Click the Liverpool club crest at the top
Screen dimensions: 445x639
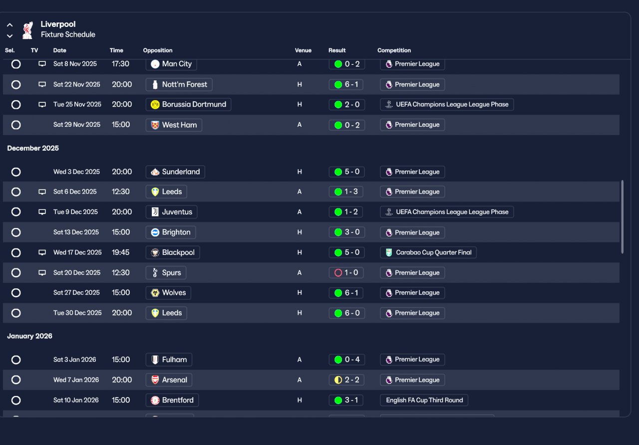(27, 30)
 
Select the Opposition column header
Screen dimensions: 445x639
(158, 50)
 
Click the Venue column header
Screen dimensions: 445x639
(303, 50)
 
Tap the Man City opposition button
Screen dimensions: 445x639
(171, 64)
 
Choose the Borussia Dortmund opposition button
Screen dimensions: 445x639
(188, 105)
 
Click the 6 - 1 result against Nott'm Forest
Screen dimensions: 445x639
(346, 85)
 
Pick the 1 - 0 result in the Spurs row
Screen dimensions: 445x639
(346, 273)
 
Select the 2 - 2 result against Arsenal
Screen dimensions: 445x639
(346, 380)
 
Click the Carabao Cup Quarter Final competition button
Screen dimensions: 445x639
(428, 252)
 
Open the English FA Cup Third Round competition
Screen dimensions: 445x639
(424, 400)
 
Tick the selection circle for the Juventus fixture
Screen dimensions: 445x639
(16, 212)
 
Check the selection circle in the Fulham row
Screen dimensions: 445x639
(16, 360)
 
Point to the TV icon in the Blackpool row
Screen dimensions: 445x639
(42, 252)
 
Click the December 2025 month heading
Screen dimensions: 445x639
(33, 148)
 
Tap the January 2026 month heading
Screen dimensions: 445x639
(30, 336)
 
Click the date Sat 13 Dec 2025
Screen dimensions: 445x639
(77, 232)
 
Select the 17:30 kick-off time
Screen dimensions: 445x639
(121, 64)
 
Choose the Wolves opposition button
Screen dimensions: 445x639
(168, 293)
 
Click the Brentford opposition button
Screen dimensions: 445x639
(172, 400)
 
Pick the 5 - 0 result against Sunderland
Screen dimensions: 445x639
(346, 172)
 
